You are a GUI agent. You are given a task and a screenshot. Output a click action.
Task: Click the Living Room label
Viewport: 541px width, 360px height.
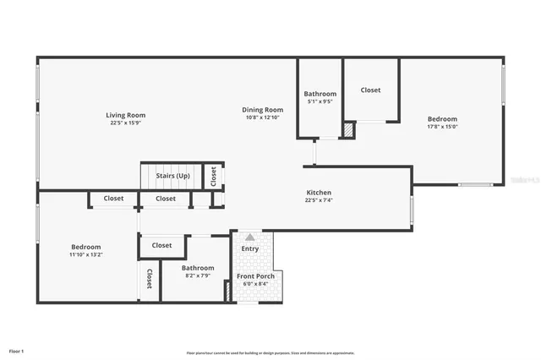pyautogui.click(x=125, y=115)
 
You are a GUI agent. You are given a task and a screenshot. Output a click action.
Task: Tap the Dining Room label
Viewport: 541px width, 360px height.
pyautogui.click(x=262, y=109)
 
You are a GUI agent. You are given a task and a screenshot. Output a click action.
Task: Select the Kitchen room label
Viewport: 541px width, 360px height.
pyautogui.click(x=319, y=193)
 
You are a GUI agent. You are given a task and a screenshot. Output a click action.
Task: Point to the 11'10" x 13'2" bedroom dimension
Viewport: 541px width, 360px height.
pyautogui.click(x=86, y=254)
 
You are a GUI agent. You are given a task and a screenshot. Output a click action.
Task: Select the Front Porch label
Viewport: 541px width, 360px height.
pyautogui.click(x=254, y=276)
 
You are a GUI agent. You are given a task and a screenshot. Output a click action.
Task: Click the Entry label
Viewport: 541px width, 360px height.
pyautogui.click(x=250, y=248)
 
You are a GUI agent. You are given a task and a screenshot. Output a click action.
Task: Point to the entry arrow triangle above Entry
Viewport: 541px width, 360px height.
pyautogui.click(x=249, y=237)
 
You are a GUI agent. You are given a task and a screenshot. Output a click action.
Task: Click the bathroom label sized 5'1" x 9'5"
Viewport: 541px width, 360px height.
pyautogui.click(x=320, y=94)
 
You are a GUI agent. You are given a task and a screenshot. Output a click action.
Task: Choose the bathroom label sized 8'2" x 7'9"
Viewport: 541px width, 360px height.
pyautogui.click(x=198, y=268)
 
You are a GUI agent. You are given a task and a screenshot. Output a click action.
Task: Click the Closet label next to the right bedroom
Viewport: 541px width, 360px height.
pyautogui.click(x=370, y=90)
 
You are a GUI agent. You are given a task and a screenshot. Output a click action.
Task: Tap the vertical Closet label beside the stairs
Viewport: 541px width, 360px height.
pyautogui.click(x=214, y=176)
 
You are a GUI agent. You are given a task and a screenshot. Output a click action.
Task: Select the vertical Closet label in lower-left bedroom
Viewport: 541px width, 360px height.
pyautogui.click(x=149, y=279)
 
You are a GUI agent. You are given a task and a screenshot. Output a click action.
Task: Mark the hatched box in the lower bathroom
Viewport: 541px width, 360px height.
pyautogui.click(x=227, y=292)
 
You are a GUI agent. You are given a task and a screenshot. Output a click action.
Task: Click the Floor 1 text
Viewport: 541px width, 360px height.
pyautogui.click(x=17, y=351)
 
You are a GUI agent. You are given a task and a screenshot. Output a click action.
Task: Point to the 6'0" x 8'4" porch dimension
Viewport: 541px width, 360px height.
pyautogui.click(x=254, y=284)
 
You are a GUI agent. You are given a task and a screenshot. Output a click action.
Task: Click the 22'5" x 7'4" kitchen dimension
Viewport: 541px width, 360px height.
pyautogui.click(x=319, y=200)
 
